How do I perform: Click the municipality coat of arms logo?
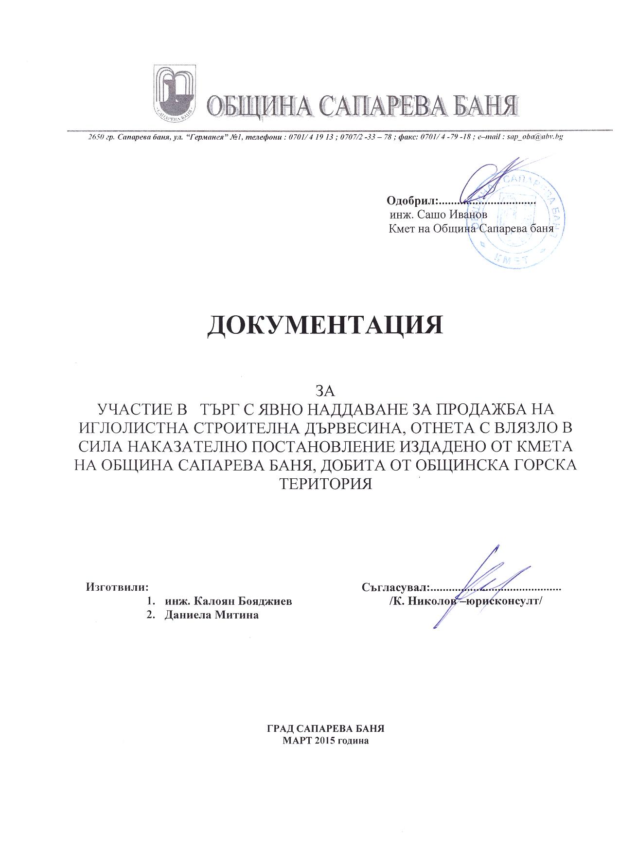coord(175,92)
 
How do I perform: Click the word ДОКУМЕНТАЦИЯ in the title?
coord(325,325)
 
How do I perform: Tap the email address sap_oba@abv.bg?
coord(535,137)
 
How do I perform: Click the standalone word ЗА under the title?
coord(326,390)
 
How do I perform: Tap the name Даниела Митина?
coord(212,615)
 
